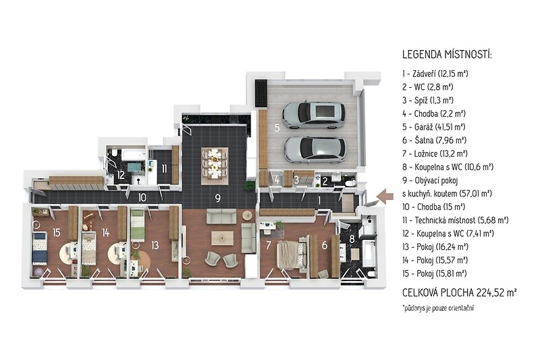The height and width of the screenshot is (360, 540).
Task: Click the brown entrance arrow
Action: pyautogui.click(x=385, y=197)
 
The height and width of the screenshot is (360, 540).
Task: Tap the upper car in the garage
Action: pyautogui.click(x=313, y=115)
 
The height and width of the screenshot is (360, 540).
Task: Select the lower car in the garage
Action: pyautogui.click(x=315, y=149)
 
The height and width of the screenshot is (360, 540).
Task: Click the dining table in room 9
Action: pyautogui.click(x=215, y=163)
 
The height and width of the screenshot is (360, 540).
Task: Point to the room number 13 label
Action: pyautogui.click(x=155, y=245)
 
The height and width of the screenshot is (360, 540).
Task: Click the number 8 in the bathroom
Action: pyautogui.click(x=352, y=238)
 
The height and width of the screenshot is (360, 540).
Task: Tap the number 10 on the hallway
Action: pyautogui.click(x=142, y=198)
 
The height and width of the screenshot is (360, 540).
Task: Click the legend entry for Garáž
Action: pyautogui.click(x=434, y=127)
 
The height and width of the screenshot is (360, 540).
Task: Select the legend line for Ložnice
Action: pyautogui.click(x=435, y=153)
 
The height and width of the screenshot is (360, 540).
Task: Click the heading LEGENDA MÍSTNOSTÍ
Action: pyautogui.click(x=447, y=54)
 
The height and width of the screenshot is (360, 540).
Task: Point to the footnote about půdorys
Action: pyautogui.click(x=437, y=308)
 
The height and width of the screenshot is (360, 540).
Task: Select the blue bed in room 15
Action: pyautogui.click(x=40, y=248)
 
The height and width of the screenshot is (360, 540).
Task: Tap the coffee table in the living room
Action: pyautogui.click(x=222, y=238)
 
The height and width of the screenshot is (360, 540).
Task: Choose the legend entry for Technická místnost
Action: pyautogui.click(x=455, y=220)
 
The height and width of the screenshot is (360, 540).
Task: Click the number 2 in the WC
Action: pyautogui.click(x=325, y=181)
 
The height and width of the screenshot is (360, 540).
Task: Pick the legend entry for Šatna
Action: pyautogui.click(x=434, y=140)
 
